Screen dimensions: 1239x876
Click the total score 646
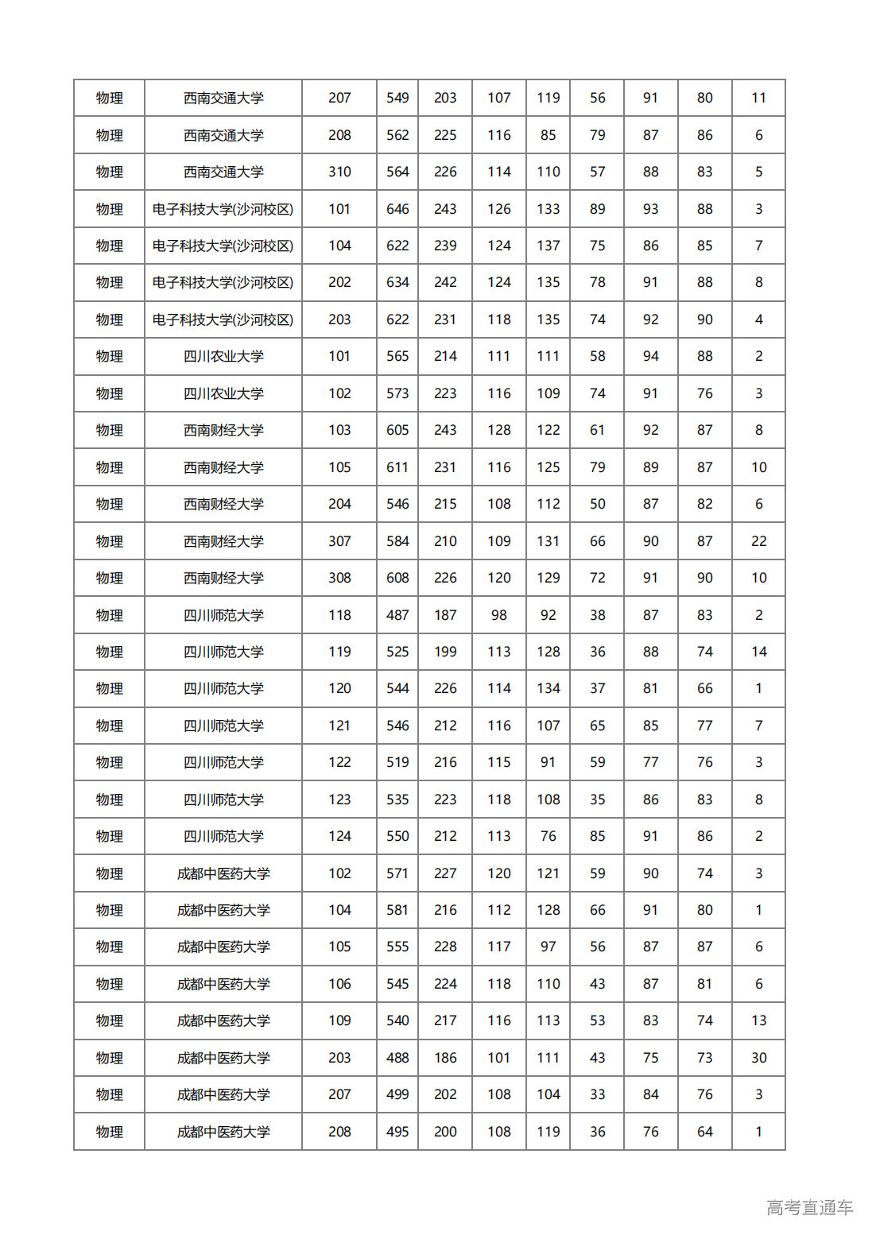pyautogui.click(x=397, y=209)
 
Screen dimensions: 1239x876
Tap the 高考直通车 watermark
pyautogui.click(x=809, y=1207)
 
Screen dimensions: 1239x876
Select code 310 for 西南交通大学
pyautogui.click(x=339, y=172)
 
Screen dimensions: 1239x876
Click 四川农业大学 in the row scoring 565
pyautogui.click(x=223, y=357)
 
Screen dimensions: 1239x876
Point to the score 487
pyautogui.click(x=397, y=615)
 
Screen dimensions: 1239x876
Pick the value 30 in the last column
pyautogui.click(x=758, y=1058)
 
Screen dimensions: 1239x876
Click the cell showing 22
pyautogui.click(x=758, y=541)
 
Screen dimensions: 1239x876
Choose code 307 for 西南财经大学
pyautogui.click(x=339, y=541)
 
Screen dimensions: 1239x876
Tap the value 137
pyautogui.click(x=548, y=246)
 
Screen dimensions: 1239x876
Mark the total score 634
pyautogui.click(x=397, y=282)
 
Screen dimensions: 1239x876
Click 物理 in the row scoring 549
pyautogui.click(x=110, y=98)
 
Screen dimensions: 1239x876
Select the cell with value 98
pyautogui.click(x=498, y=615)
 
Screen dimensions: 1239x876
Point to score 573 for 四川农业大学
pyautogui.click(x=397, y=393)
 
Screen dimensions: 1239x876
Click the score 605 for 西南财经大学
pyautogui.click(x=397, y=430)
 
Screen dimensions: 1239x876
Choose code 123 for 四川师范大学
pyautogui.click(x=339, y=800)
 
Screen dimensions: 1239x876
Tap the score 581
pyautogui.click(x=397, y=910)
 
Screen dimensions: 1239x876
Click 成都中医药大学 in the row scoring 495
pyautogui.click(x=223, y=1132)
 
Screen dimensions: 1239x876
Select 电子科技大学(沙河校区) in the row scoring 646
pyautogui.click(x=223, y=209)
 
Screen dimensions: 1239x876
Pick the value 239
pyautogui.click(x=445, y=246)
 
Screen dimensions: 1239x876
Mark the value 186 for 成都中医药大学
pyautogui.click(x=445, y=1058)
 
